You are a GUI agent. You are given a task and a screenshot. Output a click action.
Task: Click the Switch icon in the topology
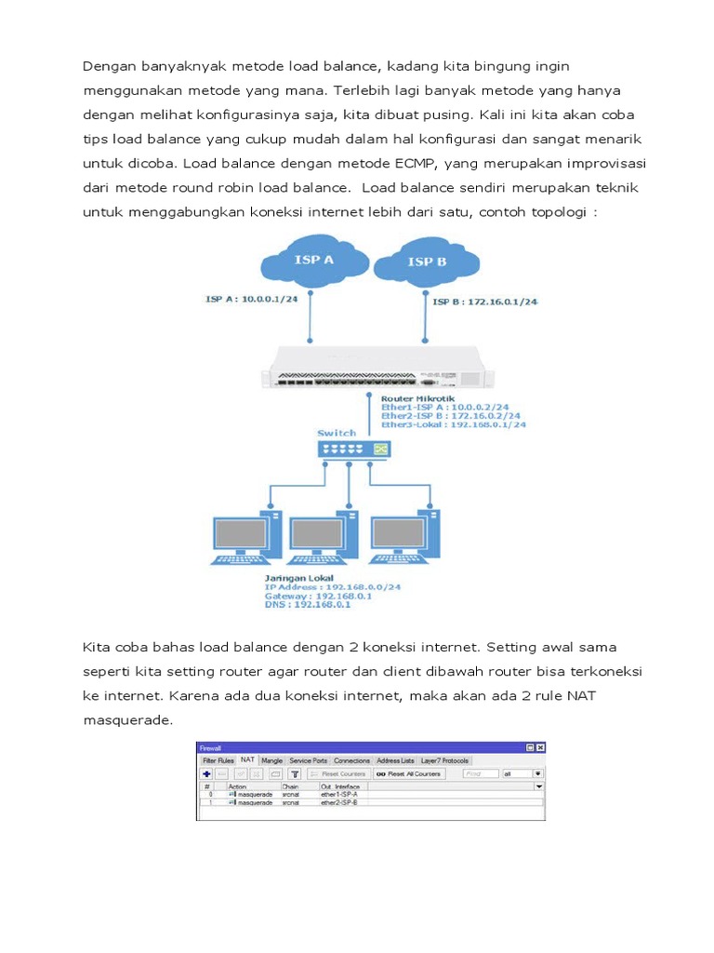tap(353, 450)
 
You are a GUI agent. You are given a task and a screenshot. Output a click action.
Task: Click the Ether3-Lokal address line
tap(453, 424)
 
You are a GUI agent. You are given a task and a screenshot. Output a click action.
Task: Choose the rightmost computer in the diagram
tap(403, 536)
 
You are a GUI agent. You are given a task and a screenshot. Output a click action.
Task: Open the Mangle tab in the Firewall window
tap(271, 760)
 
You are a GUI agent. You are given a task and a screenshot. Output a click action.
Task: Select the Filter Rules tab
tap(218, 760)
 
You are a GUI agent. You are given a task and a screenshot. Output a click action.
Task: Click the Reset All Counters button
tap(409, 773)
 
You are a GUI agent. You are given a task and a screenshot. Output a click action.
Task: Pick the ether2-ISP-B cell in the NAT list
tap(339, 801)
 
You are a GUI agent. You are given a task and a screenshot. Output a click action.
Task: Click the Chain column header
tap(290, 786)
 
